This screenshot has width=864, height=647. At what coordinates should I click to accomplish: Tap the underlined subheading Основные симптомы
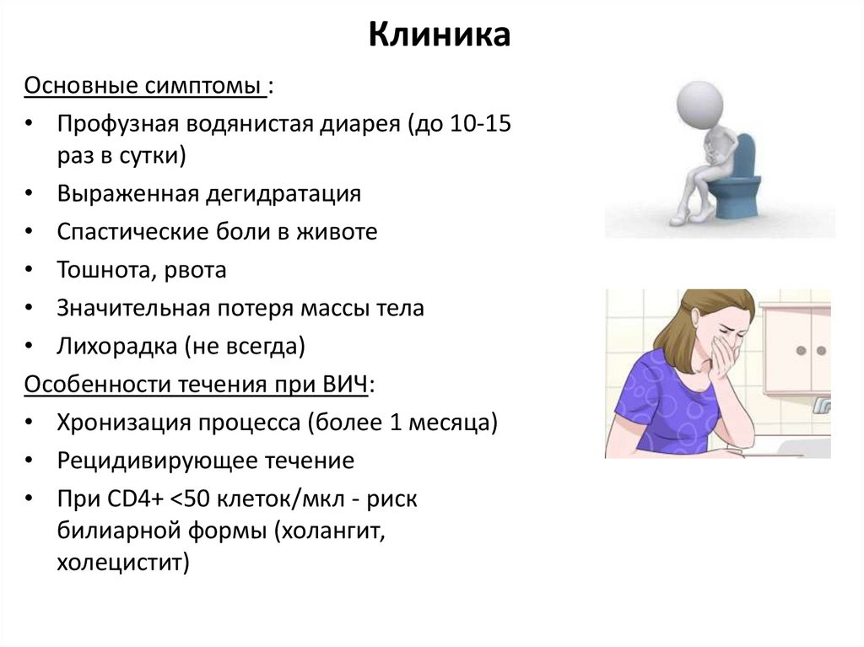coord(144,87)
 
